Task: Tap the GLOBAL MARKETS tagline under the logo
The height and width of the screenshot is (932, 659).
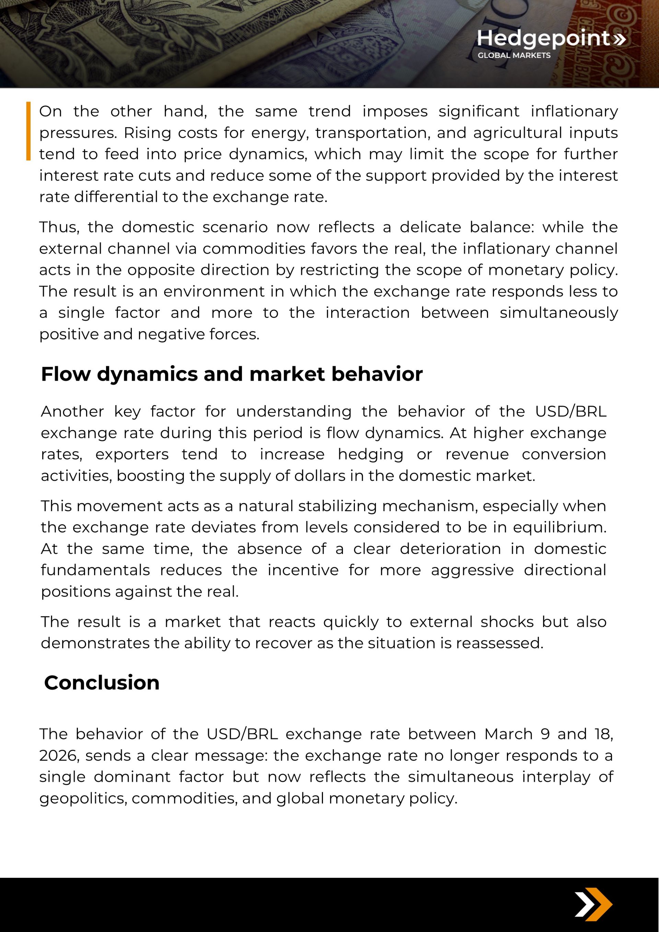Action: tap(514, 55)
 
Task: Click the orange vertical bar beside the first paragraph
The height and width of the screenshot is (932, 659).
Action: tap(28, 131)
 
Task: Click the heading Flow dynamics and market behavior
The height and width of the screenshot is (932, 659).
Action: tap(232, 374)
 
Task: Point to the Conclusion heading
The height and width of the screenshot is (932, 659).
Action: tap(102, 682)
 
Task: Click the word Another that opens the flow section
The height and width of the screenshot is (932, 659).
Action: tap(72, 412)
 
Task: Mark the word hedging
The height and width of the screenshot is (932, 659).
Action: tap(370, 454)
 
